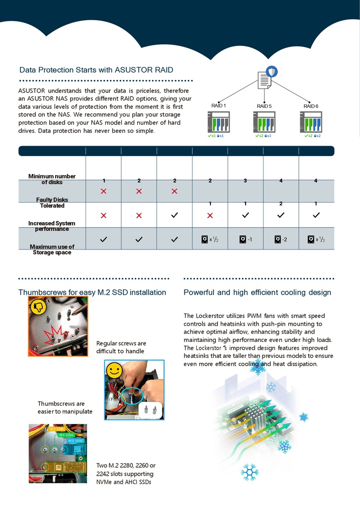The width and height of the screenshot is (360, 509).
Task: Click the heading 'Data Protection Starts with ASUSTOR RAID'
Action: pos(96,70)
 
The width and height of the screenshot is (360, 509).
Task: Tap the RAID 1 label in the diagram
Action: pos(218,106)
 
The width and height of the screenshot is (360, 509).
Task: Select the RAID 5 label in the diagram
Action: pos(264,106)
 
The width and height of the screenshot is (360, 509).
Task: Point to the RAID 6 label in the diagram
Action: pos(311,106)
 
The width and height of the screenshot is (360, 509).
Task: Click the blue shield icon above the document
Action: pos(272,72)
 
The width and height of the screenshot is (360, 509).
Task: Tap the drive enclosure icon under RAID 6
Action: pos(311,122)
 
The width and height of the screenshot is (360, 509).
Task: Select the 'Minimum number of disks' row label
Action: pos(52,179)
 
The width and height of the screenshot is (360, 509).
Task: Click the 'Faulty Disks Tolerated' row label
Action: pos(52,203)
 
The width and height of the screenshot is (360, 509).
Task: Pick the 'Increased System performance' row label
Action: pos(52,226)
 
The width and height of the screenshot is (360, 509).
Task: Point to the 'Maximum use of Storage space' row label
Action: pos(52,250)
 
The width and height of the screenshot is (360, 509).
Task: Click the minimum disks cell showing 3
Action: pos(245,180)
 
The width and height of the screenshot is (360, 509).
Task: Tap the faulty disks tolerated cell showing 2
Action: pos(281,204)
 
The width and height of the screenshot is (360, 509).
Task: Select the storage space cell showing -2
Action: pos(281,240)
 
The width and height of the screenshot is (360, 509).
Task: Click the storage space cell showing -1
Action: pos(246,240)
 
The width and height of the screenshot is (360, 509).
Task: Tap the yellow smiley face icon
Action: pos(114,370)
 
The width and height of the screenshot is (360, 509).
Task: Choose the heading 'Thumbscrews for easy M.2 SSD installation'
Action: pos(92,292)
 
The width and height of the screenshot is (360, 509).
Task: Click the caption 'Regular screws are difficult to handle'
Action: pos(121,347)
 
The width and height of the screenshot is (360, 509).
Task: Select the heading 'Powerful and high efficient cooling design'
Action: pos(257,292)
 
